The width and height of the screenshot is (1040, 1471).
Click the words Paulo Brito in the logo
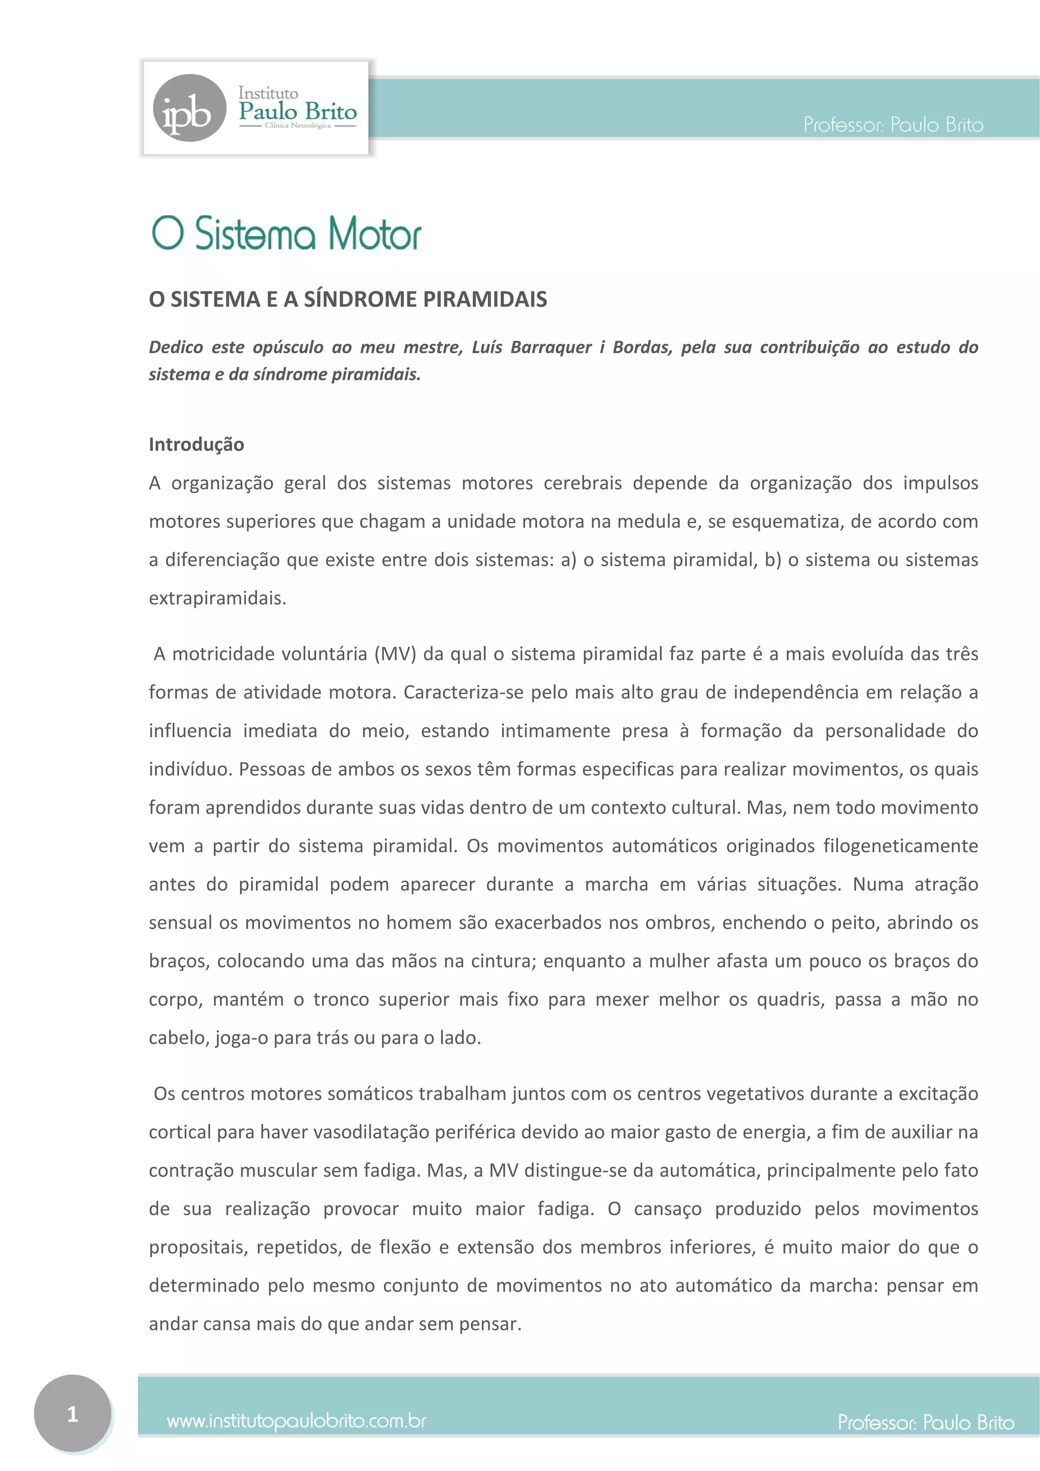pyautogui.click(x=298, y=112)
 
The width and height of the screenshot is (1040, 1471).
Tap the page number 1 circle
pyautogui.click(x=73, y=1413)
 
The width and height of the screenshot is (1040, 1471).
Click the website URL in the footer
pyautogui.click(x=296, y=1421)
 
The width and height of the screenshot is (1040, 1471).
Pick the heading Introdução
pyautogui.click(x=196, y=444)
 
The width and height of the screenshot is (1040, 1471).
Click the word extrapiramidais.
pyautogui.click(x=217, y=598)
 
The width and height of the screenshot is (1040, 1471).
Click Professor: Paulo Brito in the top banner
pyautogui.click(x=893, y=124)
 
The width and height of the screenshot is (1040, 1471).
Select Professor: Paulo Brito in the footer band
pyautogui.click(x=925, y=1422)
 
